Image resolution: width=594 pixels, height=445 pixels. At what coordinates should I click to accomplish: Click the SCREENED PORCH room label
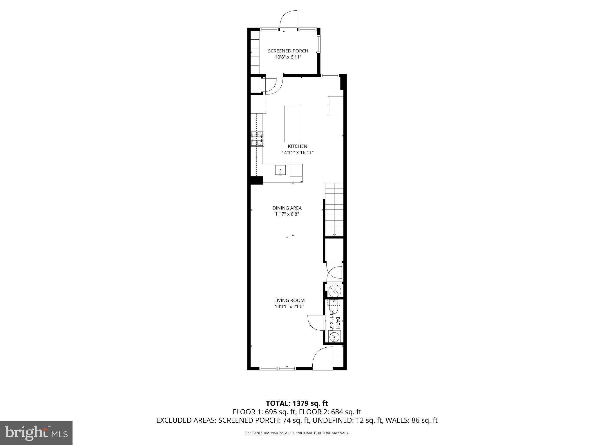tap(288, 51)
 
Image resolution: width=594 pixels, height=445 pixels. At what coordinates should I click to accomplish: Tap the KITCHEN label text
tap(297, 146)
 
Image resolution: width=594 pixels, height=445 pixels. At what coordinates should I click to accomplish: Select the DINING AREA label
tap(287, 208)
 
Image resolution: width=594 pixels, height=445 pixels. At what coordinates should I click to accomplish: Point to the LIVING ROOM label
tap(289, 300)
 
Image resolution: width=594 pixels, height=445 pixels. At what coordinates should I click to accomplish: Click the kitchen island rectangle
tap(292, 124)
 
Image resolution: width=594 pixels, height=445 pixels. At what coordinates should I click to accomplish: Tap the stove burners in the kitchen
tap(257, 138)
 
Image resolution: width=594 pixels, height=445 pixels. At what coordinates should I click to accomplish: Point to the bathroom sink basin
tap(334, 337)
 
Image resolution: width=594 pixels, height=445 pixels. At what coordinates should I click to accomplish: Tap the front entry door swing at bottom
tap(323, 358)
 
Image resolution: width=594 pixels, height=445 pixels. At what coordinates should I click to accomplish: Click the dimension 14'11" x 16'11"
tap(297, 153)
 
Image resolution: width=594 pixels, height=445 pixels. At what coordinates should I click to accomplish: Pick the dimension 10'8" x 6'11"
tap(288, 57)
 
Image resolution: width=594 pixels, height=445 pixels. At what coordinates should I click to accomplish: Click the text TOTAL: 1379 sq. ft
tap(297, 403)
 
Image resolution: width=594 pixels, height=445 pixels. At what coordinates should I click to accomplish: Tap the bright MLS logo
tap(36, 433)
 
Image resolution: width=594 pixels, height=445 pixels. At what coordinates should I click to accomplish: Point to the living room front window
tap(278, 369)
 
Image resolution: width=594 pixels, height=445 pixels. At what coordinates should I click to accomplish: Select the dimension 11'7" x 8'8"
tap(287, 214)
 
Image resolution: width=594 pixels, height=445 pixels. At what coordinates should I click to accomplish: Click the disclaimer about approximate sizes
tap(297, 433)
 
